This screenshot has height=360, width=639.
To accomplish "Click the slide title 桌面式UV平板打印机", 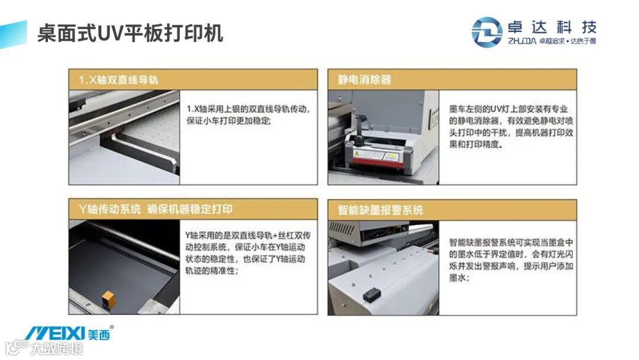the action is pyautogui.click(x=130, y=33).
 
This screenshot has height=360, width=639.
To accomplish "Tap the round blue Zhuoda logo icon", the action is pyautogui.click(x=486, y=32).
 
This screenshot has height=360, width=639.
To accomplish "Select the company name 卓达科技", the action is pyautogui.click(x=552, y=27).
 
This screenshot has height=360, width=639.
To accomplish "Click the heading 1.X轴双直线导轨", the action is pyautogui.click(x=118, y=79).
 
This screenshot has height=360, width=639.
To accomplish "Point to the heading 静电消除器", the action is pyautogui.click(x=364, y=79).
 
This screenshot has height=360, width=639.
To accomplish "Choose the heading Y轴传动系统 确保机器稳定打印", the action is pyautogui.click(x=155, y=209).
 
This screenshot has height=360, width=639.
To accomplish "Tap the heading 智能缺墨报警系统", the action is pyautogui.click(x=380, y=210).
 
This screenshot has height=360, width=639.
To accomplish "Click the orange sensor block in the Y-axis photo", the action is pyautogui.click(x=108, y=300).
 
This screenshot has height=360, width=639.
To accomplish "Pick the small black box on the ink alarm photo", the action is pyautogui.click(x=371, y=294).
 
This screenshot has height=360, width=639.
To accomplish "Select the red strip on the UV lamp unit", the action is pyautogui.click(x=375, y=162).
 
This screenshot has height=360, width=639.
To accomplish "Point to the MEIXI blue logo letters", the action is pyautogui.click(x=55, y=333).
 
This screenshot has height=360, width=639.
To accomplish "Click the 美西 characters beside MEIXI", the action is pyautogui.click(x=99, y=335).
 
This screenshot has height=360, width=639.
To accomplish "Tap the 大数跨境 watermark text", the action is pyautogui.click(x=57, y=349).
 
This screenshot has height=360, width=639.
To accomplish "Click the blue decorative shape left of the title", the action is pyautogui.click(x=13, y=34).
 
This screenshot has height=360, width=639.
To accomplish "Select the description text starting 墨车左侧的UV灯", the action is pyautogui.click(x=511, y=127).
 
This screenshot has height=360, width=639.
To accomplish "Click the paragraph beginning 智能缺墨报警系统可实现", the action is pyautogui.click(x=511, y=260).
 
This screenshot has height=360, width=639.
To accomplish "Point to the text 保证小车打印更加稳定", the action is pyautogui.click(x=228, y=121).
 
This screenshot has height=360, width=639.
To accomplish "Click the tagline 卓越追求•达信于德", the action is pyautogui.click(x=567, y=41).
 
